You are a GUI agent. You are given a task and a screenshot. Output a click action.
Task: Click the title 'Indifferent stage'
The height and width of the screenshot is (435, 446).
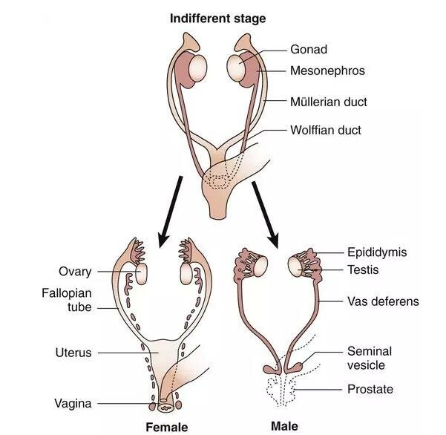[218, 19]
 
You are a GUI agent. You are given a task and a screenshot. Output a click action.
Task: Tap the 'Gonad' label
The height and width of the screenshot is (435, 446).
[309, 50]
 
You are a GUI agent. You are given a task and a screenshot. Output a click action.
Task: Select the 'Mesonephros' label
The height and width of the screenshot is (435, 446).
[327, 71]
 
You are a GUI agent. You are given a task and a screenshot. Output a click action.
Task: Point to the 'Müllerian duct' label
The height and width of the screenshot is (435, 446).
[329, 102]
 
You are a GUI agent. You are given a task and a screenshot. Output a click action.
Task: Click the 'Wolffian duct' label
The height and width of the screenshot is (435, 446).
[326, 130]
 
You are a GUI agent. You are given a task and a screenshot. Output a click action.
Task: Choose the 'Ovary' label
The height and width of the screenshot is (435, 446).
[75, 272]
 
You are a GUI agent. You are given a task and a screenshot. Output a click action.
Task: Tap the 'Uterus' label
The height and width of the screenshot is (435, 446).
[73, 353]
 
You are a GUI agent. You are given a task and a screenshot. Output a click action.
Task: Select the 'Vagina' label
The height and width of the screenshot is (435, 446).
[73, 403]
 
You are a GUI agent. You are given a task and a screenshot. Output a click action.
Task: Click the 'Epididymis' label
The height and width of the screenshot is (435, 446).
[377, 252]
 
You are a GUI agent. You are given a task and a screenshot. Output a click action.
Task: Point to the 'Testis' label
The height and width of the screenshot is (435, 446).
[363, 269]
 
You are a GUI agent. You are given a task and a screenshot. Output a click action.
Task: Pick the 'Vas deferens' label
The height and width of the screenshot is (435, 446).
[383, 301]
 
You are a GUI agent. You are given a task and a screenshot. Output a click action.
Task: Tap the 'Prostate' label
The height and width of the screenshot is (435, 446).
[370, 389]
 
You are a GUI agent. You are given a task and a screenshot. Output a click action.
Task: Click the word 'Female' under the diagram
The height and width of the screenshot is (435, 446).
[167, 428]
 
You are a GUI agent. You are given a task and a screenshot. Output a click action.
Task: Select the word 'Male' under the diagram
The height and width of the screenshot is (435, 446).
[284, 426]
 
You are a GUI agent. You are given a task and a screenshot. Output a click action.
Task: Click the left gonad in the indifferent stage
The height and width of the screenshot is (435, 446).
[197, 69]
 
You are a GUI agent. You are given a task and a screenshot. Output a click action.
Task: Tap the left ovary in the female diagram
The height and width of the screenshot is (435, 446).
[141, 273]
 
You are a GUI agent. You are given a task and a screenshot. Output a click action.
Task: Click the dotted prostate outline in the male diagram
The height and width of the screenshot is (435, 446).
[281, 390]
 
